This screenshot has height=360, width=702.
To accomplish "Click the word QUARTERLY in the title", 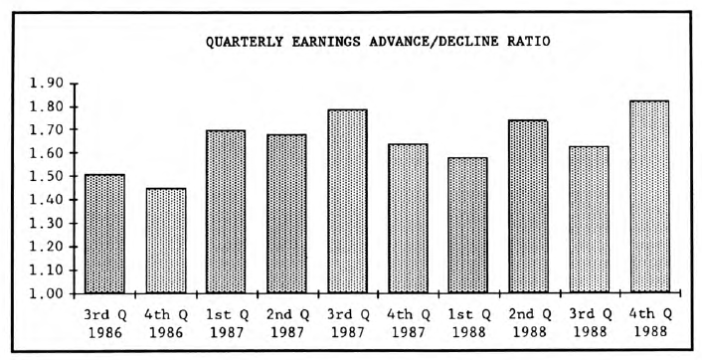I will pos(246,42).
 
